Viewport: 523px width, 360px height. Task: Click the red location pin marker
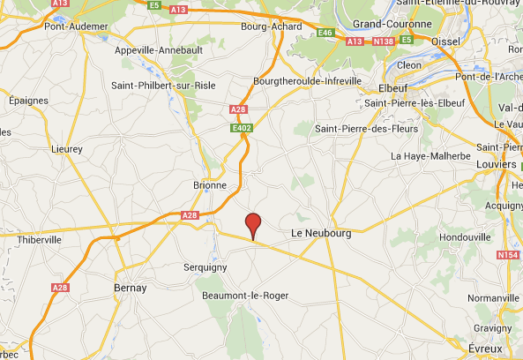253,225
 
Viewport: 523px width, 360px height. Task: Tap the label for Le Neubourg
321,233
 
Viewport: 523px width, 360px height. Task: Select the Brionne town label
210,185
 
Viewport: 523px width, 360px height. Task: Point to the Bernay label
130,288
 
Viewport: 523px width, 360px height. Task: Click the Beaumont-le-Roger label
242,295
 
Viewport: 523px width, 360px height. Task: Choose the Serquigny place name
205,266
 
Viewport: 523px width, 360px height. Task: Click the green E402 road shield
243,128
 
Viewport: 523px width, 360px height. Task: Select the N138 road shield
383,41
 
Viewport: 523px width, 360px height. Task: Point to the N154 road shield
507,255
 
